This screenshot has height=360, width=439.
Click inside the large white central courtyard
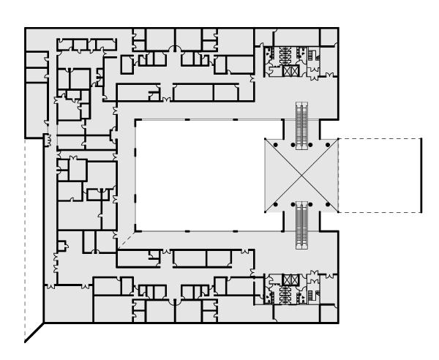coord(198,176)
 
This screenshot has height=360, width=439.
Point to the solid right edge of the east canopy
coord(422,176)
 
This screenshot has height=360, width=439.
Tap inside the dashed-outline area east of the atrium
coord(380,176)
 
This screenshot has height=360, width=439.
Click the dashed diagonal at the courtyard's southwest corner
coord(124,239)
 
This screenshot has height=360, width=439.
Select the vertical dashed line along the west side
coord(25,234)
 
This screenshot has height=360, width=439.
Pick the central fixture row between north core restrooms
coord(278,53)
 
